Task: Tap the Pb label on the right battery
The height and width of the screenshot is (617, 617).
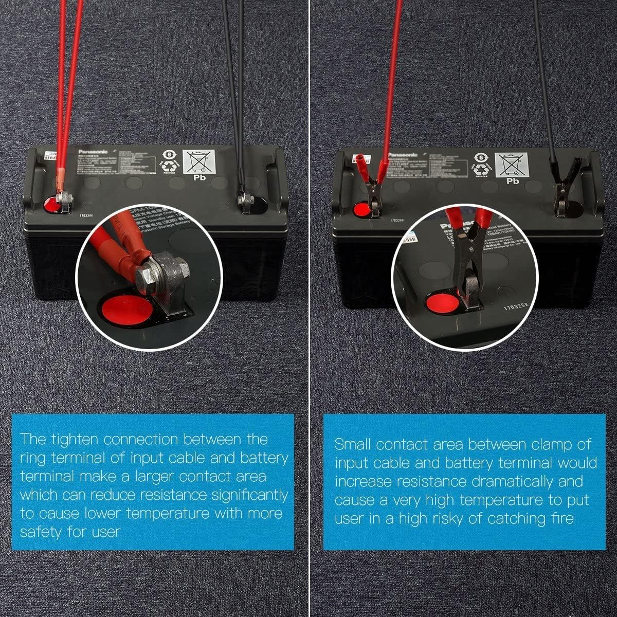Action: coord(513,181)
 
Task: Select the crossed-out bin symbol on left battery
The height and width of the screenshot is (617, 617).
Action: coord(198,161)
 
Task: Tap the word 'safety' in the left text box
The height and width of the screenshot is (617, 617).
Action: coord(42,532)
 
